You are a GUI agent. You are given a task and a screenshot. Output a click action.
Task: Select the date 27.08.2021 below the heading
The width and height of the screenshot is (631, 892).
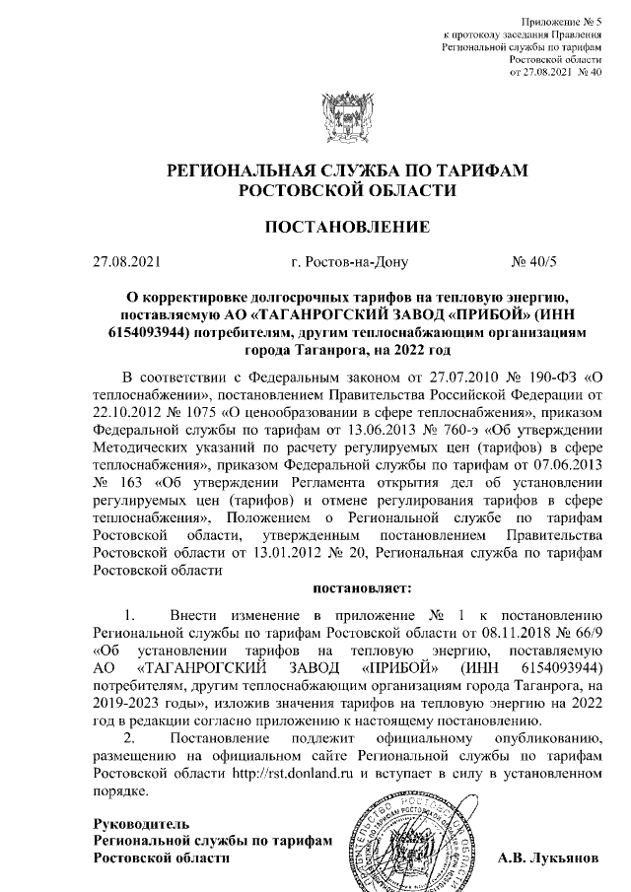click(x=125, y=263)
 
